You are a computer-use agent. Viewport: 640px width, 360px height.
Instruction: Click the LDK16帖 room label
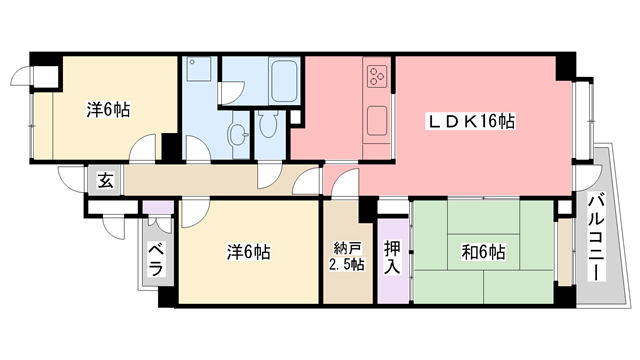(x=472, y=121)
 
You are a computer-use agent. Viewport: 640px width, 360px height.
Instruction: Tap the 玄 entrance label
(x=104, y=181)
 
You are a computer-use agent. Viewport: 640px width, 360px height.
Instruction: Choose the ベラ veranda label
(x=156, y=259)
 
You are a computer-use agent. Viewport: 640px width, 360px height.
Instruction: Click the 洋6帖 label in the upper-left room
(x=107, y=109)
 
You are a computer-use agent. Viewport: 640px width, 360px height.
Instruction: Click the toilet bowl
(x=267, y=125)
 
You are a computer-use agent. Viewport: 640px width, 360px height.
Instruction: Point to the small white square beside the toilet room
(x=296, y=116)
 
